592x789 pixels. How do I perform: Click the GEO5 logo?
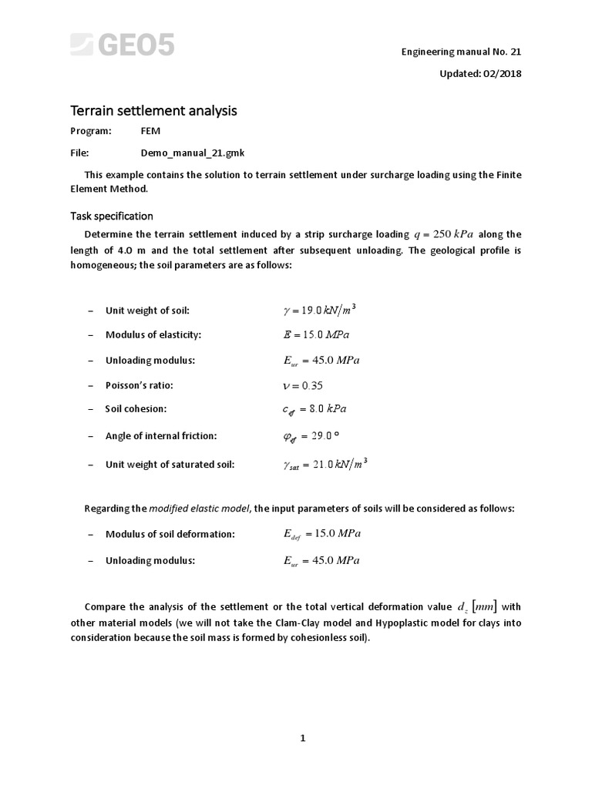(123, 45)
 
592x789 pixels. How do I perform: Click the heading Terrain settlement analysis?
(153, 111)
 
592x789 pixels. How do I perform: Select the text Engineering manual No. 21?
(461, 52)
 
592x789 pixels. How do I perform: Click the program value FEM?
(150, 131)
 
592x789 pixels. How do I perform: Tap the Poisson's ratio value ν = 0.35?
(306, 385)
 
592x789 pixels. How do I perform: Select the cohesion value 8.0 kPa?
(328, 410)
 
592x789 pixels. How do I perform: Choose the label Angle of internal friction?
(161, 436)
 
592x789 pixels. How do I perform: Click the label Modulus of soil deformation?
(170, 534)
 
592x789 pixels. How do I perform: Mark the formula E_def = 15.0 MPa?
(321, 533)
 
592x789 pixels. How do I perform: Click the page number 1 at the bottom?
(303, 738)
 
